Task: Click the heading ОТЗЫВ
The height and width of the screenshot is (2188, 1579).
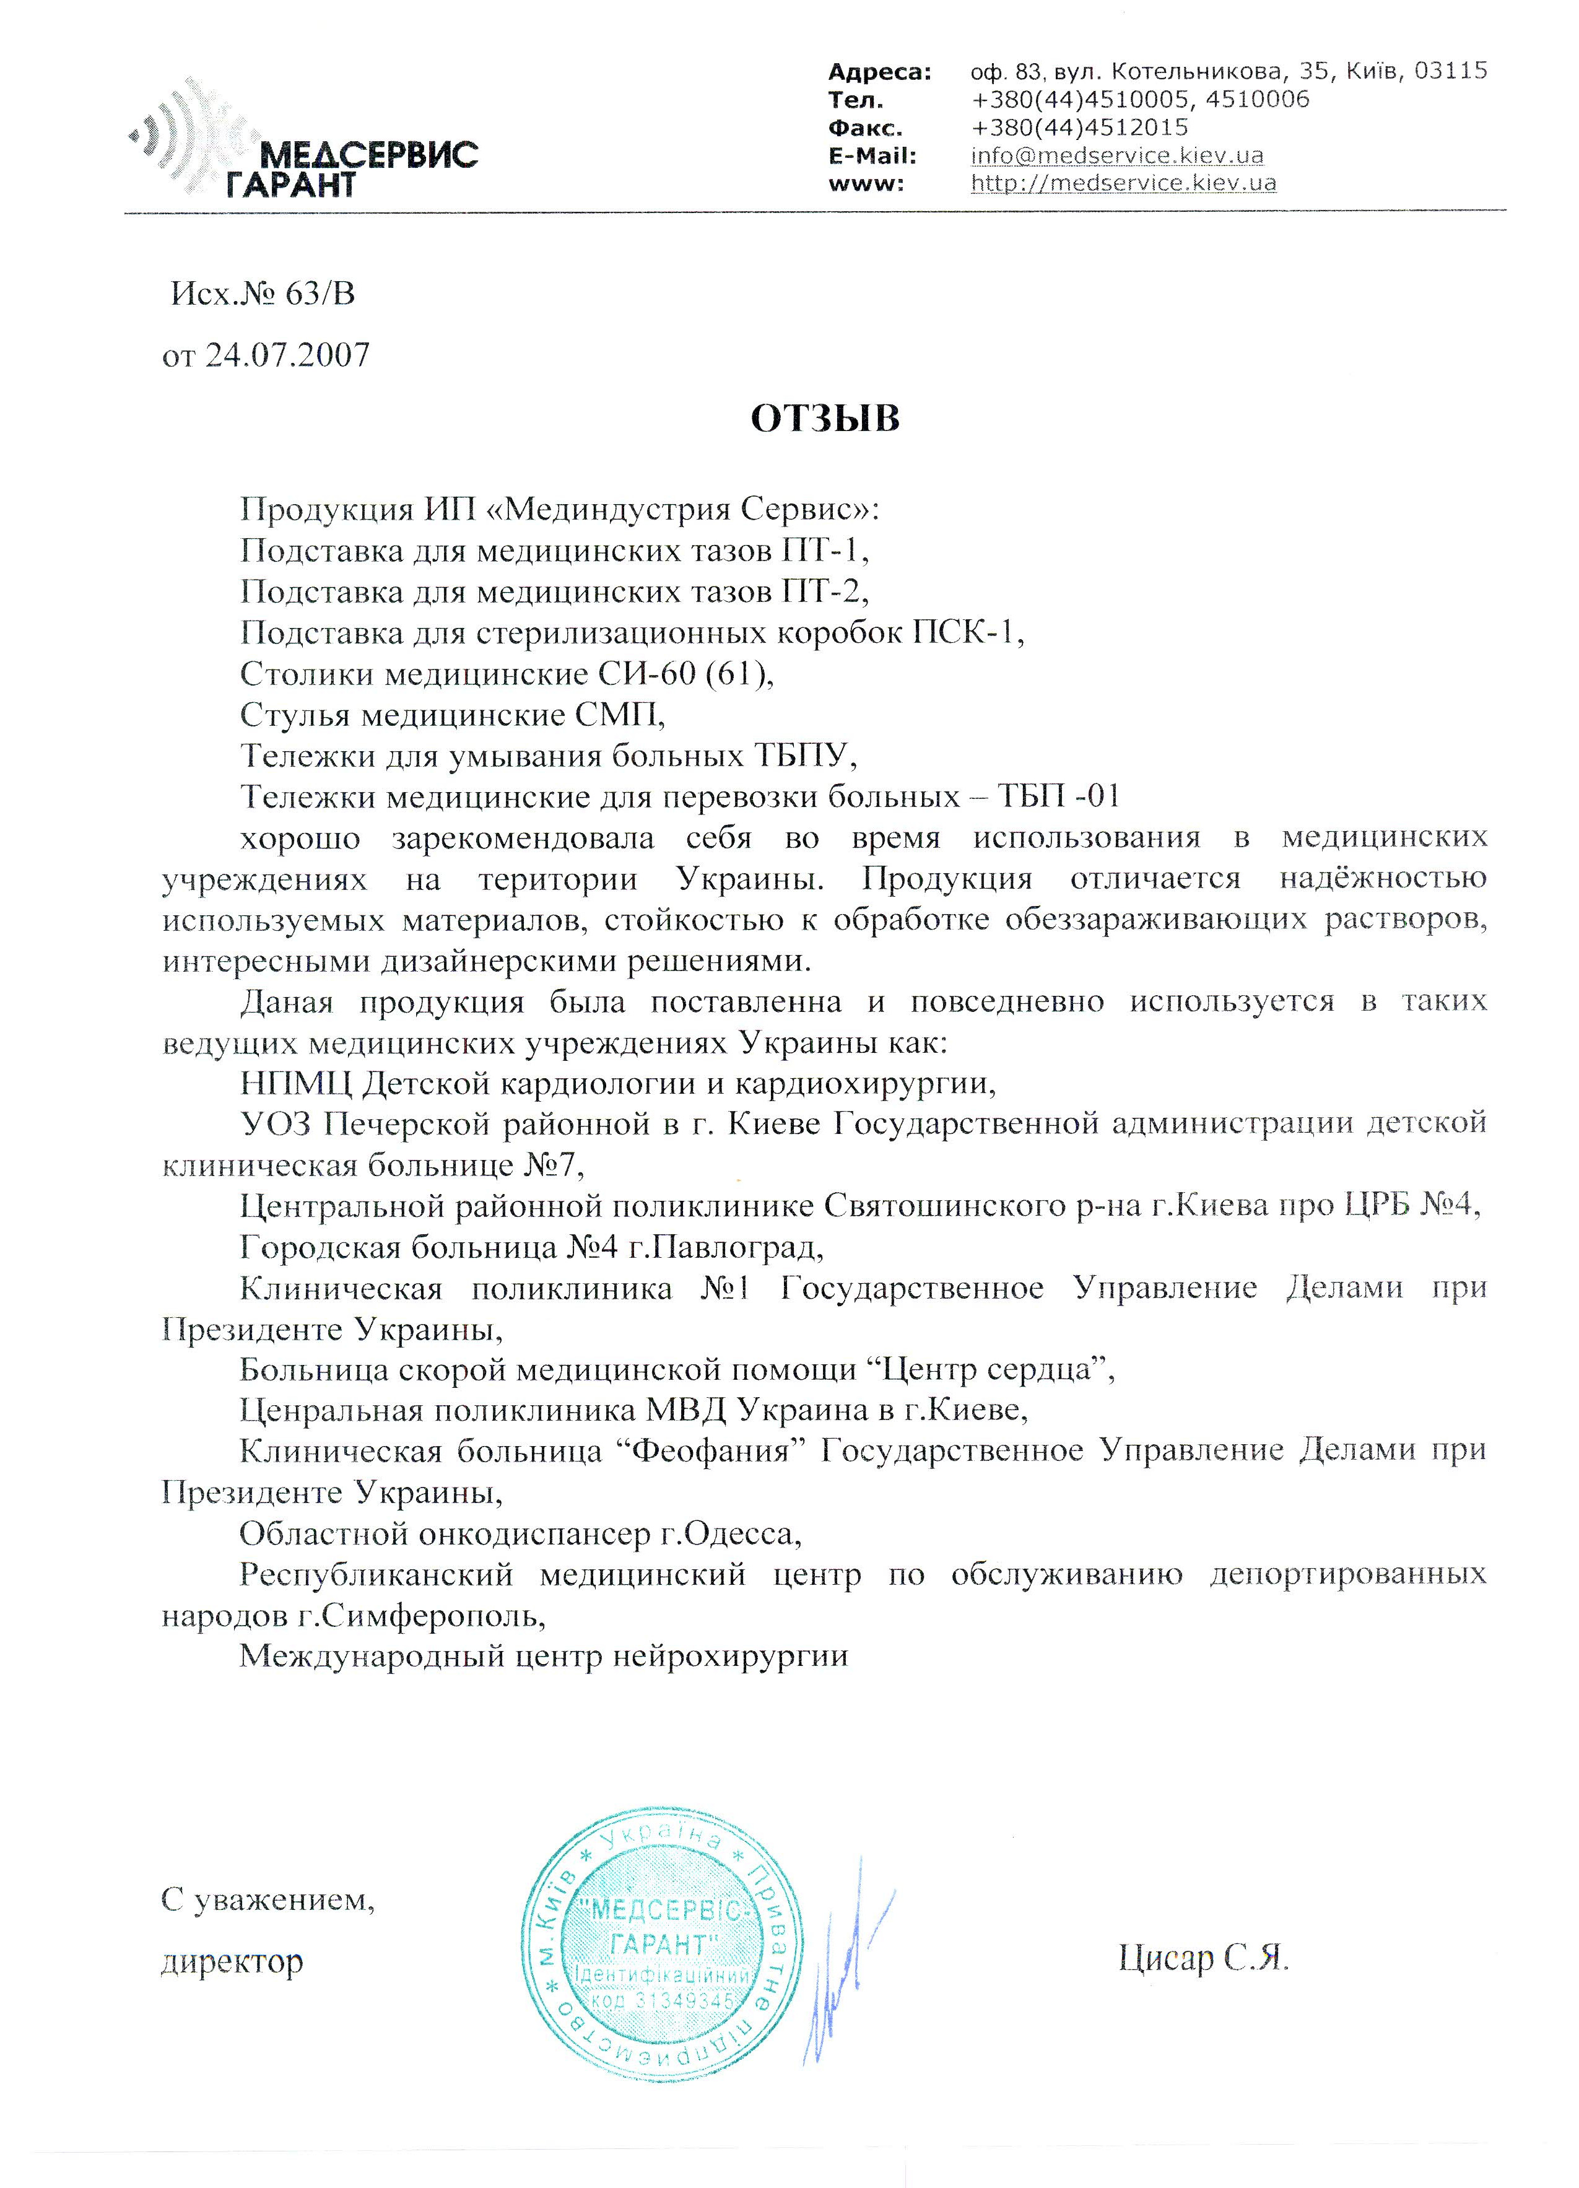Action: click(x=825, y=418)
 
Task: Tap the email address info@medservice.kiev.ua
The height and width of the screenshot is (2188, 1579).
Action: click(x=1116, y=155)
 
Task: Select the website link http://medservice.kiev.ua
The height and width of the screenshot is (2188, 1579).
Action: click(x=1123, y=182)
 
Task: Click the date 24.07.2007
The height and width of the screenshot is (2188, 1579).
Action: click(x=287, y=355)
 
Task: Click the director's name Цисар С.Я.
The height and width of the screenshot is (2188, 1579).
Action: click(x=1203, y=1959)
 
